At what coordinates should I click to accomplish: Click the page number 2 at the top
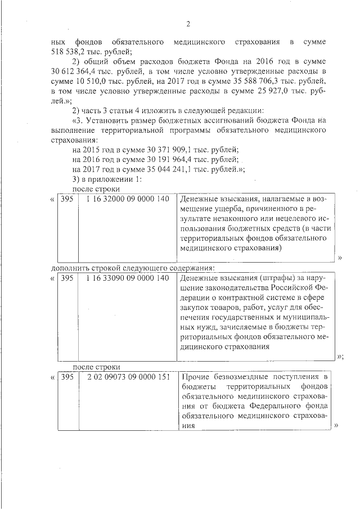(x=188, y=24)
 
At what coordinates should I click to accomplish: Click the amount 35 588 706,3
(x=247, y=81)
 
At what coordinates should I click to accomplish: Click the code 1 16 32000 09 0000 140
(x=128, y=200)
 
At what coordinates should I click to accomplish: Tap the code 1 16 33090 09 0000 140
(x=128, y=278)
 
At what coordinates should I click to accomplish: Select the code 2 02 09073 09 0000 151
(x=128, y=376)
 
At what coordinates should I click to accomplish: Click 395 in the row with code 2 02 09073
(x=67, y=376)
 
